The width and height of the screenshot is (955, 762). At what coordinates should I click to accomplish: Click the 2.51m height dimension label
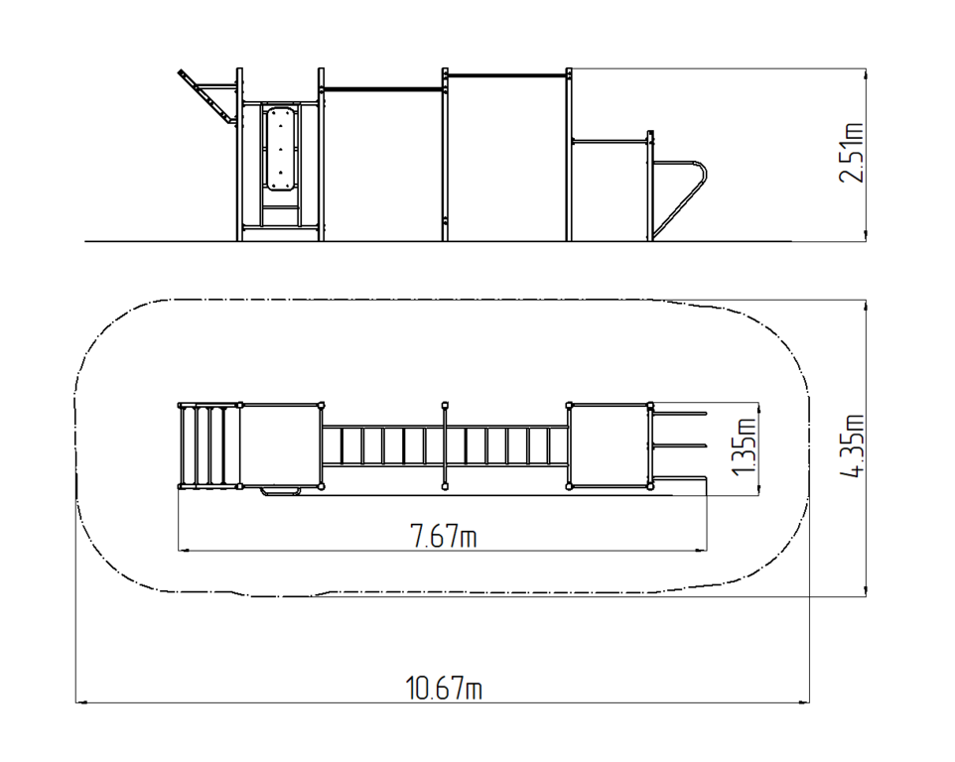pos(852,152)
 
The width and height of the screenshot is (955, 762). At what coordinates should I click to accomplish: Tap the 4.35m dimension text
pos(852,445)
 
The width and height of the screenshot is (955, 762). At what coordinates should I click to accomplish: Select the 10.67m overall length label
pos(444,689)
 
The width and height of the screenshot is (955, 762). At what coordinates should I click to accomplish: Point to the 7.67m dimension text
pos(444,536)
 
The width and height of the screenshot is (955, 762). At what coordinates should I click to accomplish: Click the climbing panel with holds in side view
pos(280,149)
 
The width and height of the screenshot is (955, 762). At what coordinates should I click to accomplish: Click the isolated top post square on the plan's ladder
pos(445,405)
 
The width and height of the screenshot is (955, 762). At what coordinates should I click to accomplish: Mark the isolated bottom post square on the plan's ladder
pos(445,486)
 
